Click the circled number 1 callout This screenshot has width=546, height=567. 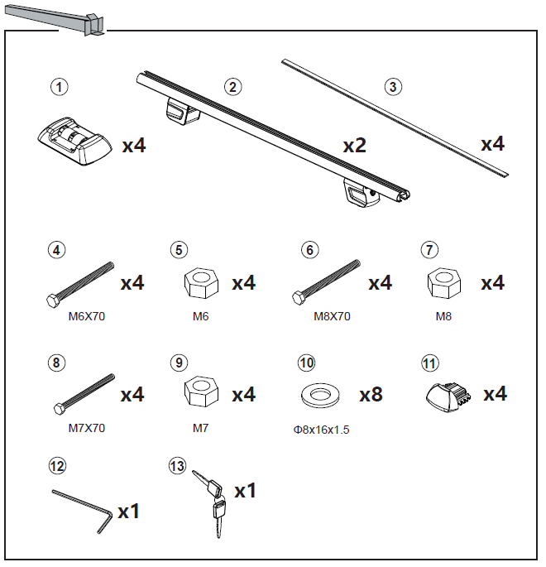(x=58, y=86)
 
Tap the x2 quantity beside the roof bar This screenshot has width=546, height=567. (x=354, y=147)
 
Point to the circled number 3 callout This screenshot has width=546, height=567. (x=393, y=86)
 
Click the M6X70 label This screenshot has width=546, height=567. (x=87, y=316)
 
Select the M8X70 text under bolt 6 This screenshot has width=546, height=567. (x=333, y=316)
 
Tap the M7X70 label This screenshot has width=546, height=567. (x=87, y=428)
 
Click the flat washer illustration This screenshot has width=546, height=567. (x=316, y=395)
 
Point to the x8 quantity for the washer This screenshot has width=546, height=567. (x=371, y=395)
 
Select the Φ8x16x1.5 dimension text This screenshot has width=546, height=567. (x=321, y=430)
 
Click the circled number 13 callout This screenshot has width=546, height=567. (x=176, y=467)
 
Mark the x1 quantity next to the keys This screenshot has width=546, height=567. (x=245, y=492)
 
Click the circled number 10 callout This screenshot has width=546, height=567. (x=307, y=363)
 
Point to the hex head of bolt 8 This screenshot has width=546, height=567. (x=59, y=409)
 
